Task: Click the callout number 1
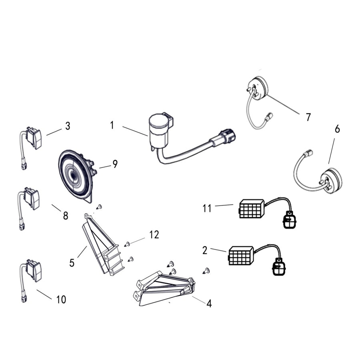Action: [x=112, y=125]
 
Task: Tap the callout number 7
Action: [x=308, y=117]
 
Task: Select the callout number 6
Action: [x=337, y=129]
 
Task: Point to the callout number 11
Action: [x=207, y=208]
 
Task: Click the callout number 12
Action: [x=154, y=235]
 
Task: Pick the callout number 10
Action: [x=61, y=300]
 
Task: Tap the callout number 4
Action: [x=209, y=304]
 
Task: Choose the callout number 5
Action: [x=72, y=263]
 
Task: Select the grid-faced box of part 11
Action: [x=252, y=208]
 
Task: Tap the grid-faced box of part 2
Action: [x=241, y=256]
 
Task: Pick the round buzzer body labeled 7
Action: [x=257, y=89]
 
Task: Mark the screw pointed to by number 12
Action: [x=127, y=244]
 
